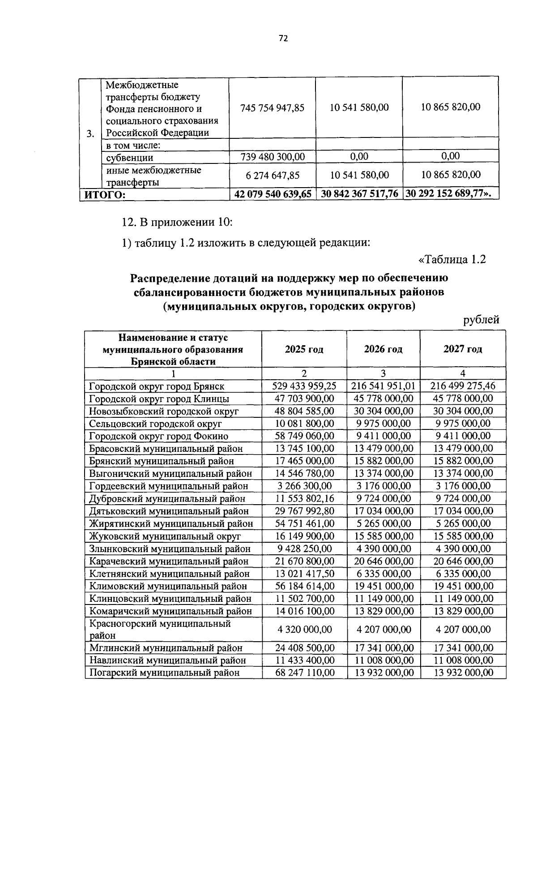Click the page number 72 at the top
283,39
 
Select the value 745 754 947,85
272,107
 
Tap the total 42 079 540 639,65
273,194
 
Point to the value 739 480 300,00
272,157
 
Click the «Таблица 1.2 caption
452,260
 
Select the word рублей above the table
481,320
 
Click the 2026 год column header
383,349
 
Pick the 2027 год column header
463,349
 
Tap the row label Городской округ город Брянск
157,386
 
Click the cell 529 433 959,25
304,386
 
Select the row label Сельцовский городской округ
156,424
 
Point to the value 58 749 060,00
304,436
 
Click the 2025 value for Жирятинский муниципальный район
304,523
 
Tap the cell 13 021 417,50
304,574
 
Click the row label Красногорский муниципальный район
160,629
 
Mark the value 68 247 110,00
304,673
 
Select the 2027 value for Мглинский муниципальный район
463,648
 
